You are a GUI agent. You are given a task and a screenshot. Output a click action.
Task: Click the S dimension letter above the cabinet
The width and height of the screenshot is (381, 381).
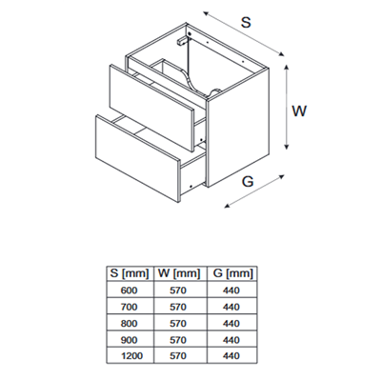pos(246,22)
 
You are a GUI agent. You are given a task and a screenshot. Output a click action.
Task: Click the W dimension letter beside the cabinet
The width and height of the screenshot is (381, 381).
pos(299,111)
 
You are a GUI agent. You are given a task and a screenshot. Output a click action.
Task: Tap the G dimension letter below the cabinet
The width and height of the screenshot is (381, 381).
pos(248,181)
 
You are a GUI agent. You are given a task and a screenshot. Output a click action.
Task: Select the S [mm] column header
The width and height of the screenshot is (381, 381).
pos(130,273)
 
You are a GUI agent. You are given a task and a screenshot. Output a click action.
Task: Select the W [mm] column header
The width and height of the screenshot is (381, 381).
pos(180,273)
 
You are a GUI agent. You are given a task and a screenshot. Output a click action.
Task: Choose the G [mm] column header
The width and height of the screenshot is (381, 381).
pos(232,273)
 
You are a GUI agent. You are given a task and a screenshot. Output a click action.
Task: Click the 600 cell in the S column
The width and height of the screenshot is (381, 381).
pos(130,291)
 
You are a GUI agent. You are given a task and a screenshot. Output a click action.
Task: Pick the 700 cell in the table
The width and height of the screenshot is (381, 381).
pos(130,307)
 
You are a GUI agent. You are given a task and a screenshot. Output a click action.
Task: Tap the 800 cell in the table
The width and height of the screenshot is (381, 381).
pos(130,323)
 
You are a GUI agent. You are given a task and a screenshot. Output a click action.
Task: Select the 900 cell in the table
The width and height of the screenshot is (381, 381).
pos(130,340)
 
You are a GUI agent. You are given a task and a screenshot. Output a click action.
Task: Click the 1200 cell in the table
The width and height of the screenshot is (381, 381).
pos(131,355)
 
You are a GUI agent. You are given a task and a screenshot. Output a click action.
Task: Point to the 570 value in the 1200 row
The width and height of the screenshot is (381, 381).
pos(178,355)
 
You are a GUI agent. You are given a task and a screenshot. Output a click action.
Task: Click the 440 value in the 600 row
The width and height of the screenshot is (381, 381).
pos(231,291)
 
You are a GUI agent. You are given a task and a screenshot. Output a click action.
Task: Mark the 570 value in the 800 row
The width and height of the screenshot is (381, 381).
pos(178,323)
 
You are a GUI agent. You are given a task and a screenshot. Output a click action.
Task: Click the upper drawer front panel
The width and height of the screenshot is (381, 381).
pos(150,108)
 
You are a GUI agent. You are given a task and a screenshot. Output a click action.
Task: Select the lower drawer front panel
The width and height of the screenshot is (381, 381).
pos(137,158)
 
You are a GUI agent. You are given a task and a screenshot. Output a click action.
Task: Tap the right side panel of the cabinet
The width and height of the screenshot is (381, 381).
pos(237,127)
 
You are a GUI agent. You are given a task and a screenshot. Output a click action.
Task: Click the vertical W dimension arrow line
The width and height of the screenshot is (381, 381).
pos(287,107)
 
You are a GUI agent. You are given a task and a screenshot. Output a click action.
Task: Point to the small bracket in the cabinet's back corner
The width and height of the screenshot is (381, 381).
pos(182,41)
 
